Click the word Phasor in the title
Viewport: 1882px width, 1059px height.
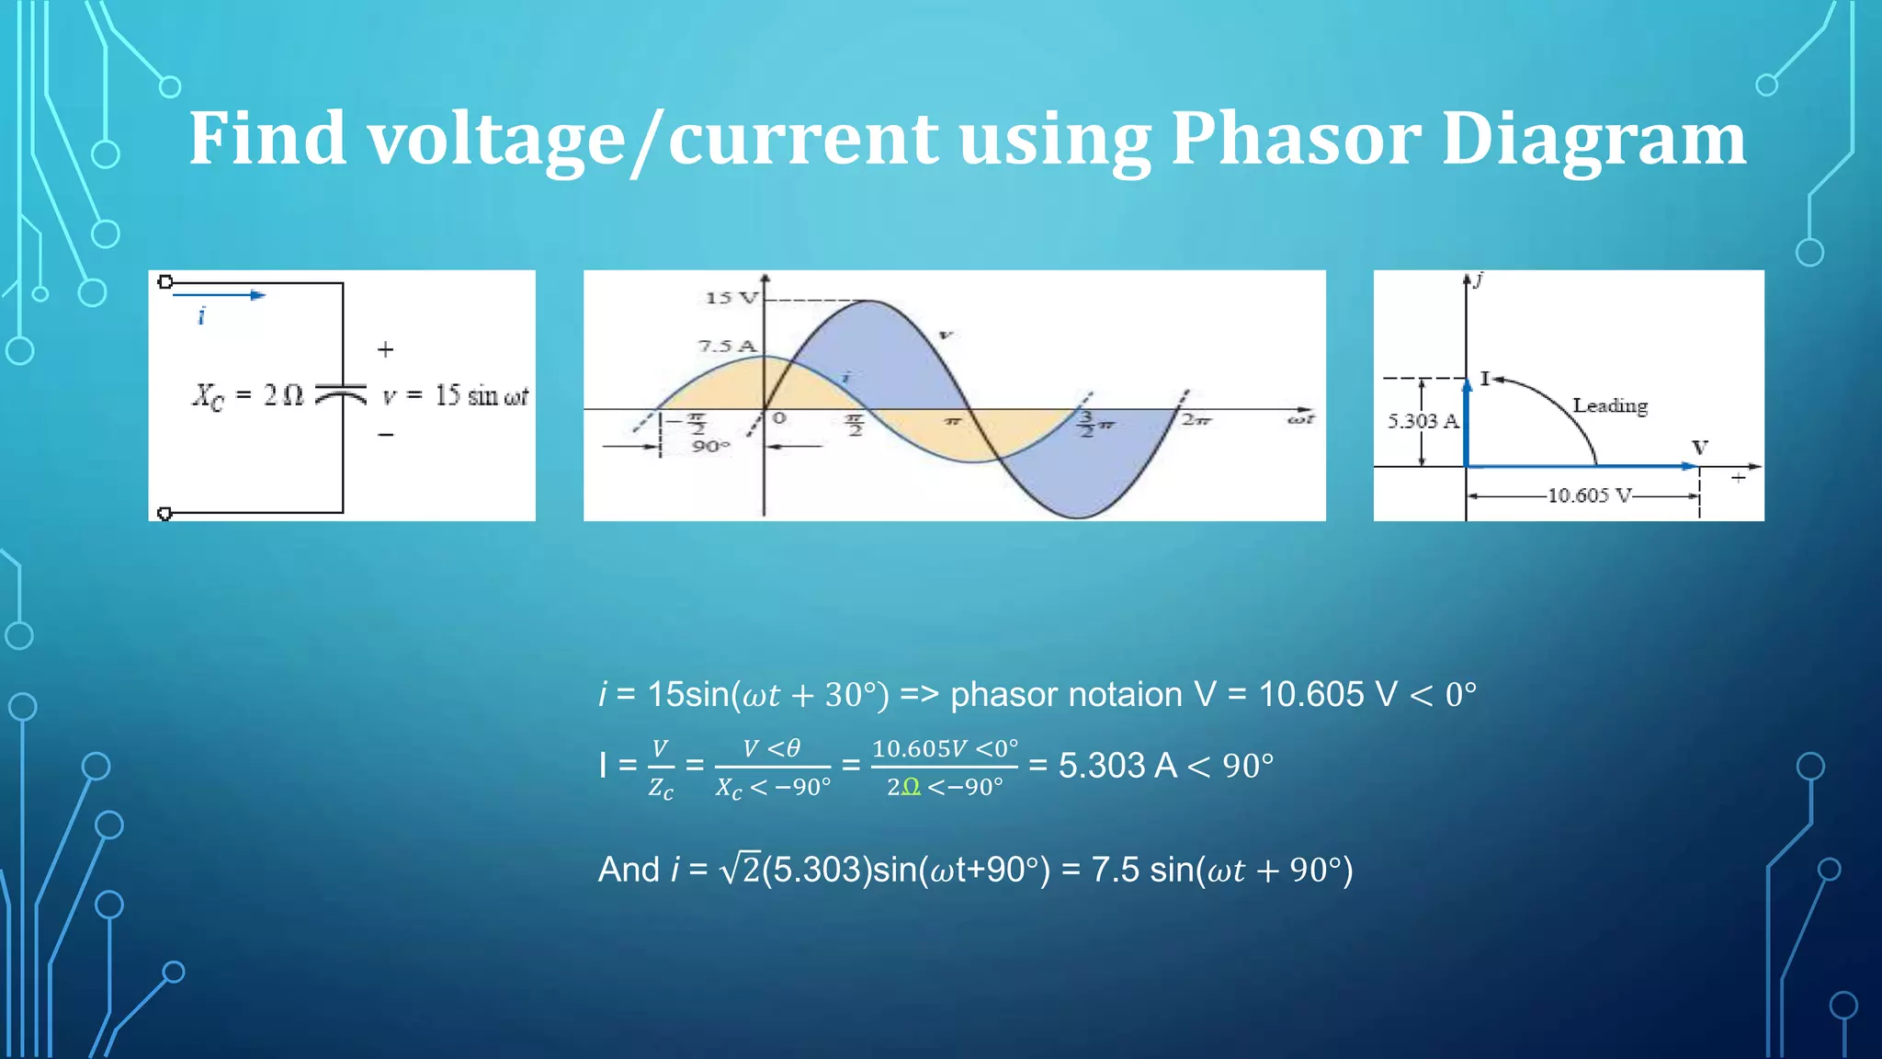pos(1296,140)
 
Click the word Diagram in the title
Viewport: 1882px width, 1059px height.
pos(1593,140)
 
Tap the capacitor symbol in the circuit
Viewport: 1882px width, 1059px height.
pos(342,394)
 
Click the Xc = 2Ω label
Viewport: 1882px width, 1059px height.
pos(247,396)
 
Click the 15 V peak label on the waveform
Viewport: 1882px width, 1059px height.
pos(731,298)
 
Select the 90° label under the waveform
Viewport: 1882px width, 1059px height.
pos(710,447)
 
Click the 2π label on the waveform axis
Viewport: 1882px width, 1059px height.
pos(1196,420)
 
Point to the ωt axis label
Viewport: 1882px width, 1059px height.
pos(1300,420)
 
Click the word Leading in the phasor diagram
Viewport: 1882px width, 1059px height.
pos(1609,405)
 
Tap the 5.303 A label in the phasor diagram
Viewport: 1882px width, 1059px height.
pos(1423,422)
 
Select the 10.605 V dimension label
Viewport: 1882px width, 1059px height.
pos(1589,495)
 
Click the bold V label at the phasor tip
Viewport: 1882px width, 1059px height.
pos(1700,448)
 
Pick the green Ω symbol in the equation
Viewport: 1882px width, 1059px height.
pos(910,787)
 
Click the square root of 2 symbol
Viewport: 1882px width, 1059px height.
pos(741,869)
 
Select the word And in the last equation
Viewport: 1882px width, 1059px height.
pos(629,870)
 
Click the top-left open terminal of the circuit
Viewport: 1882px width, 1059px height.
pos(165,282)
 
